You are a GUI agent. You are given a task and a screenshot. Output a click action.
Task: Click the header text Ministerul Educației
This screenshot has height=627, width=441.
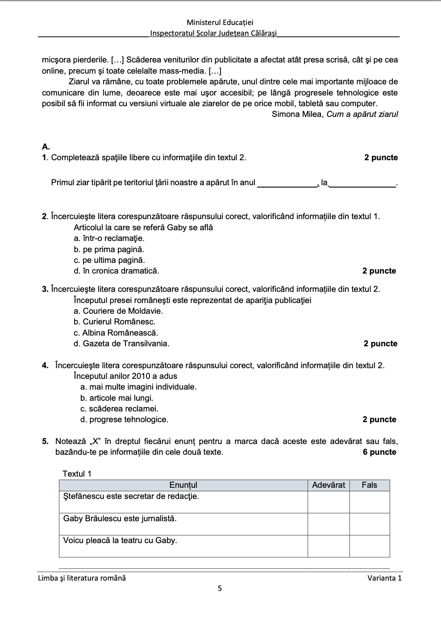220,22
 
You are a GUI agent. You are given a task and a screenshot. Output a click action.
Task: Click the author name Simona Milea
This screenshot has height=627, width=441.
296,114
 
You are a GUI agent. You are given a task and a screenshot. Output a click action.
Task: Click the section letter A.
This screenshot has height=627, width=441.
46,146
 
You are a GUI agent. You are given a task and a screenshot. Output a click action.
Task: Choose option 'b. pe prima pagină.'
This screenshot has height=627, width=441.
109,249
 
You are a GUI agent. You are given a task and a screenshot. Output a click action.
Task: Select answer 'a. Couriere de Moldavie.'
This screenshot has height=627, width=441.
118,311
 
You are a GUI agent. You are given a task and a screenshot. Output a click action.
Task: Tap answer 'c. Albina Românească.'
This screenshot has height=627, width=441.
116,333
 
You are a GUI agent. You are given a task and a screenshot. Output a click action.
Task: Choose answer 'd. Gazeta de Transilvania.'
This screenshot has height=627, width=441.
121,344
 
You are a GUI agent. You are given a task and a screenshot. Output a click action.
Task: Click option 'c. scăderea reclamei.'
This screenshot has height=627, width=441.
119,409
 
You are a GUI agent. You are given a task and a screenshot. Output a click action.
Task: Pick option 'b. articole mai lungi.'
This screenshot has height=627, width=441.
116,398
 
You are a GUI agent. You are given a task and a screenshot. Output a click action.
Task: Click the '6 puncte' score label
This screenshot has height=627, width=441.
380,452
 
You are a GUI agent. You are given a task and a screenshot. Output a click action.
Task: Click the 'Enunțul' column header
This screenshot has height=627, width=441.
183,485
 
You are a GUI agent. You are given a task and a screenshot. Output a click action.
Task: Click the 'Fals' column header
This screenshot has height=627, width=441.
369,485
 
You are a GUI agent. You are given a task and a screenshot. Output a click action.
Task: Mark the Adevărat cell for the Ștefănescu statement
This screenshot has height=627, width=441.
329,502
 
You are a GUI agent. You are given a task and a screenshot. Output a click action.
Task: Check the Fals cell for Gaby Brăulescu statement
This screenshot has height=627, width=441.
369,524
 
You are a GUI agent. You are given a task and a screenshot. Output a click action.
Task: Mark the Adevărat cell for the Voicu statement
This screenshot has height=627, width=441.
329,546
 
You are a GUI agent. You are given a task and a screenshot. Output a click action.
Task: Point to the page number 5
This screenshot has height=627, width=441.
220,589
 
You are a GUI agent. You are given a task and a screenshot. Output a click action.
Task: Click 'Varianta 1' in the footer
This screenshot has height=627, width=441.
384,578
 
